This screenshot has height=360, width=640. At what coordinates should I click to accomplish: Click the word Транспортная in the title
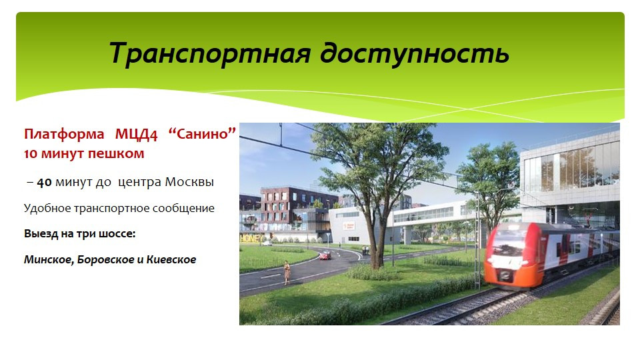(x=210, y=54)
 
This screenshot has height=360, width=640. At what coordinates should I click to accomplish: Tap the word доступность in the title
(x=414, y=54)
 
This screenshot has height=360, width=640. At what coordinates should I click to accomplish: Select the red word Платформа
(x=64, y=134)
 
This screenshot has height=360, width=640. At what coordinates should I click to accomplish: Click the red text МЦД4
(x=136, y=134)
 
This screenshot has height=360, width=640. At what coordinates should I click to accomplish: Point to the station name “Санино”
(x=203, y=133)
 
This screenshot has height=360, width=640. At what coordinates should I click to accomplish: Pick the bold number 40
(x=44, y=182)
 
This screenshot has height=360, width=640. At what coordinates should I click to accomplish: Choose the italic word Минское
(x=49, y=259)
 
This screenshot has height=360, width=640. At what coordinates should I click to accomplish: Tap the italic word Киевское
(x=171, y=259)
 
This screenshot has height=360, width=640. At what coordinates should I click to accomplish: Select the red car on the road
(x=325, y=256)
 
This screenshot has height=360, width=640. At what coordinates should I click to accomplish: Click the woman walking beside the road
(x=287, y=272)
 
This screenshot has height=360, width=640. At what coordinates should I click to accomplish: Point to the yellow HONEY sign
(x=251, y=239)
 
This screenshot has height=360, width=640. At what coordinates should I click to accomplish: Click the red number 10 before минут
(x=31, y=154)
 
